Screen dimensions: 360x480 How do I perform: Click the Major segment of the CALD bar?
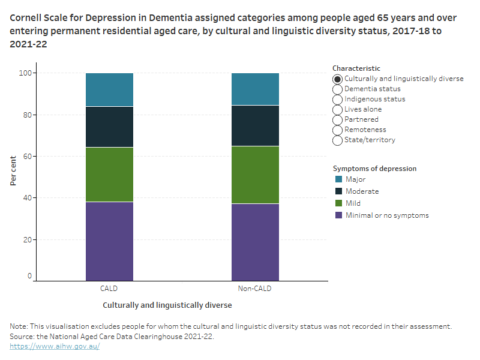109,89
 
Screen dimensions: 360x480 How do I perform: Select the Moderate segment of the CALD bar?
109,127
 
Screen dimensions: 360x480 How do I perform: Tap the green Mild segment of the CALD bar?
109,174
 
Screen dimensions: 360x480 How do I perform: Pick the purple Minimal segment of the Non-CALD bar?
255,242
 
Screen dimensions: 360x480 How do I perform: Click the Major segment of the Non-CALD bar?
255,89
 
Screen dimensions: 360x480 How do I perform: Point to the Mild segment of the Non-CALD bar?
255,175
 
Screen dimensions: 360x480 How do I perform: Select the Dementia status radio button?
338,89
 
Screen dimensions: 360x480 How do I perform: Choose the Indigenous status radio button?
338,99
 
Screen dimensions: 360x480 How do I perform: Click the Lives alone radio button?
338,109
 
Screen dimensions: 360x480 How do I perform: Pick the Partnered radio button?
338,119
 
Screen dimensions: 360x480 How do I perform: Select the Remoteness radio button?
338,130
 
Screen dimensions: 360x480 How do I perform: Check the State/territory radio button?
338,140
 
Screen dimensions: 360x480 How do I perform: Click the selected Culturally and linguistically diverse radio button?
338,79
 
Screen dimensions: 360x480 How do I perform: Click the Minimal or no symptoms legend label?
387,215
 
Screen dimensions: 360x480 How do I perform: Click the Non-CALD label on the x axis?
255,289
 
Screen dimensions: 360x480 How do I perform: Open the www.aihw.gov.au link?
55,346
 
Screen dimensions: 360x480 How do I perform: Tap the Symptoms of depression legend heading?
374,169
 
